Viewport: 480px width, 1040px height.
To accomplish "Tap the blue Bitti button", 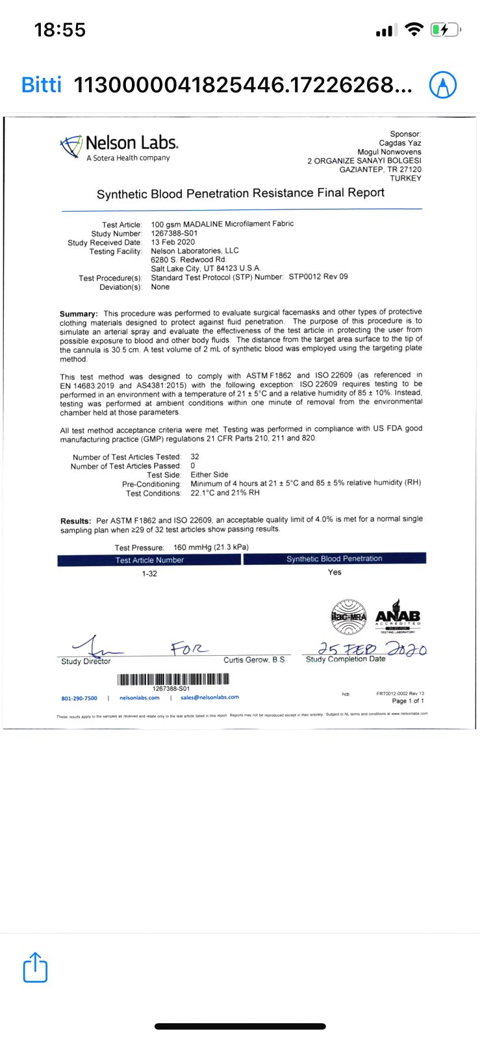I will pyautogui.click(x=42, y=84).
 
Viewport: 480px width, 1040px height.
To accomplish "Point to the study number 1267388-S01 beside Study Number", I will pyautogui.click(x=174, y=233).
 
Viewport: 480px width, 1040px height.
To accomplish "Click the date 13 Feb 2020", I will pyautogui.click(x=173, y=242).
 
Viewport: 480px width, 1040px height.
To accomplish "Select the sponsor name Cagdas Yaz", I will pyautogui.click(x=400, y=143).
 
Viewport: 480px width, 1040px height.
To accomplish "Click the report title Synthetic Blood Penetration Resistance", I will pyautogui.click(x=240, y=194).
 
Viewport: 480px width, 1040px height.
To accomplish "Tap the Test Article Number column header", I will pyautogui.click(x=149, y=560).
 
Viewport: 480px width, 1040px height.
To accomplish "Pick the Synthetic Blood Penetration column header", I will pyautogui.click(x=335, y=559).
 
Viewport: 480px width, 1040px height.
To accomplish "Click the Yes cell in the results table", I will pyautogui.click(x=335, y=573).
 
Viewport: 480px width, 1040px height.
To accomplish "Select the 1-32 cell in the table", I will pyautogui.click(x=149, y=574).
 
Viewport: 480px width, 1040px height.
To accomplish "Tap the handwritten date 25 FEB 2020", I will pyautogui.click(x=372, y=649).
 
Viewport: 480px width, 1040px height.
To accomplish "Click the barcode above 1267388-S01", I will pyautogui.click(x=173, y=679).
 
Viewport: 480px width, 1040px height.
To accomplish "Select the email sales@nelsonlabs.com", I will pyautogui.click(x=209, y=697).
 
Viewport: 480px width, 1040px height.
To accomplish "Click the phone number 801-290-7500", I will pyautogui.click(x=79, y=698).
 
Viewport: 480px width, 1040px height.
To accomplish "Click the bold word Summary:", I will pyautogui.click(x=79, y=313).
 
